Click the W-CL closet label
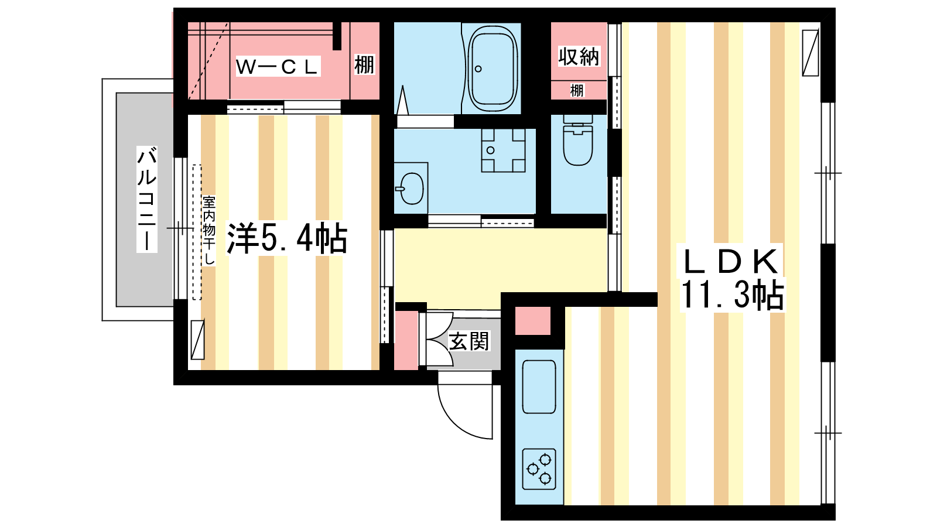point(278,67)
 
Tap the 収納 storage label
point(579,57)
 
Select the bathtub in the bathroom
point(492,68)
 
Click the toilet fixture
point(578,140)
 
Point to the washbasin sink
point(412,188)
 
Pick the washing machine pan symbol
point(503,150)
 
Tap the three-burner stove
point(539,469)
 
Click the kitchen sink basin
point(539,387)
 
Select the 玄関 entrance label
point(469,341)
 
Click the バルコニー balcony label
point(147,200)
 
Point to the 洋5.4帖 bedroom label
point(286,238)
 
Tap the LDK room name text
point(731,261)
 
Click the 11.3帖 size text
point(732,295)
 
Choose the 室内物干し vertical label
point(208,231)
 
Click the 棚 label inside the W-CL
point(364,65)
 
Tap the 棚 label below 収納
point(577,90)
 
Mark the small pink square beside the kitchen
point(532,321)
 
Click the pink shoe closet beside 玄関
point(406,340)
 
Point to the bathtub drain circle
point(478,69)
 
